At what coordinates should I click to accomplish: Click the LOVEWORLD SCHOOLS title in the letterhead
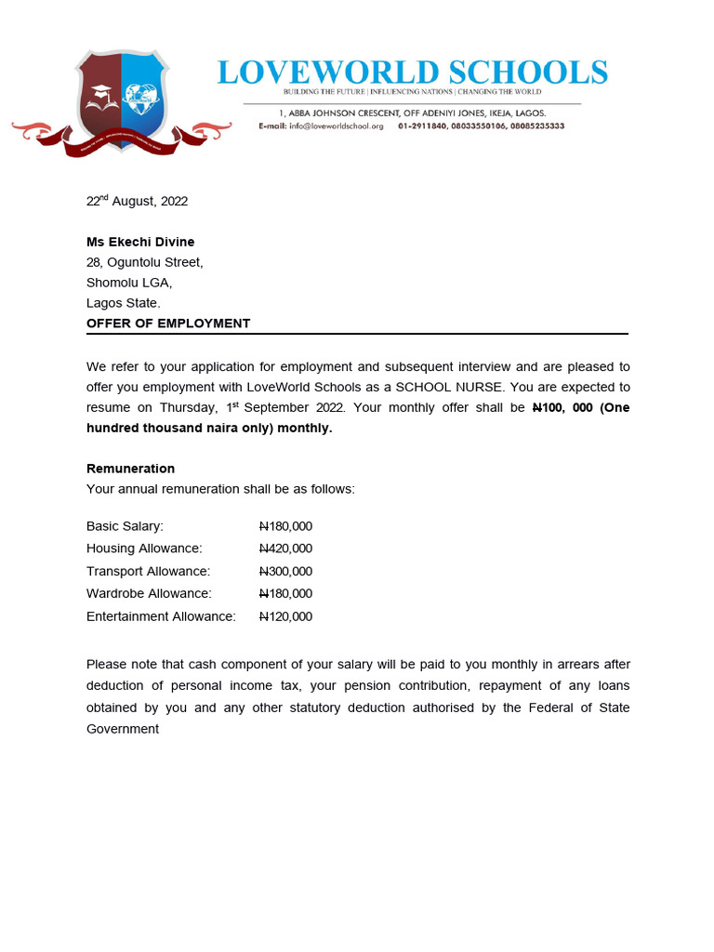[413, 72]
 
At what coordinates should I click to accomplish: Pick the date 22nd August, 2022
[137, 201]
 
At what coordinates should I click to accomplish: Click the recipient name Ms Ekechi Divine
[140, 242]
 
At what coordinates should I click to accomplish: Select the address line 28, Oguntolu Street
[144, 262]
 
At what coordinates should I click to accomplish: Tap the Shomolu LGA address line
[129, 283]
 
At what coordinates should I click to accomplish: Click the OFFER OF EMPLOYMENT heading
[168, 324]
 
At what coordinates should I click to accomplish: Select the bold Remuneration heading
[130, 469]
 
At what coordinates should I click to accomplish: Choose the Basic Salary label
[125, 526]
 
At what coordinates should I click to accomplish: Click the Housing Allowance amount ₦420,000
[285, 549]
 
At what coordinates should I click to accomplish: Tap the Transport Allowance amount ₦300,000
[285, 571]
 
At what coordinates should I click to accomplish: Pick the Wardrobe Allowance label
[149, 593]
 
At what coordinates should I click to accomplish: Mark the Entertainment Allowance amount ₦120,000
[285, 616]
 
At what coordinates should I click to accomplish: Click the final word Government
[123, 729]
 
